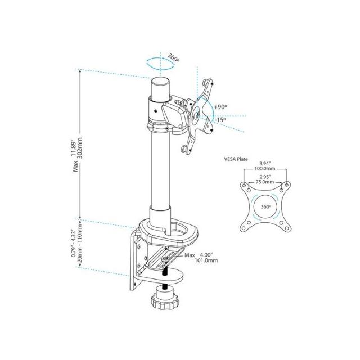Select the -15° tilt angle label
click(x=219, y=119)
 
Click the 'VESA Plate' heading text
click(x=236, y=159)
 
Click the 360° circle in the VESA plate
click(x=265, y=206)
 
